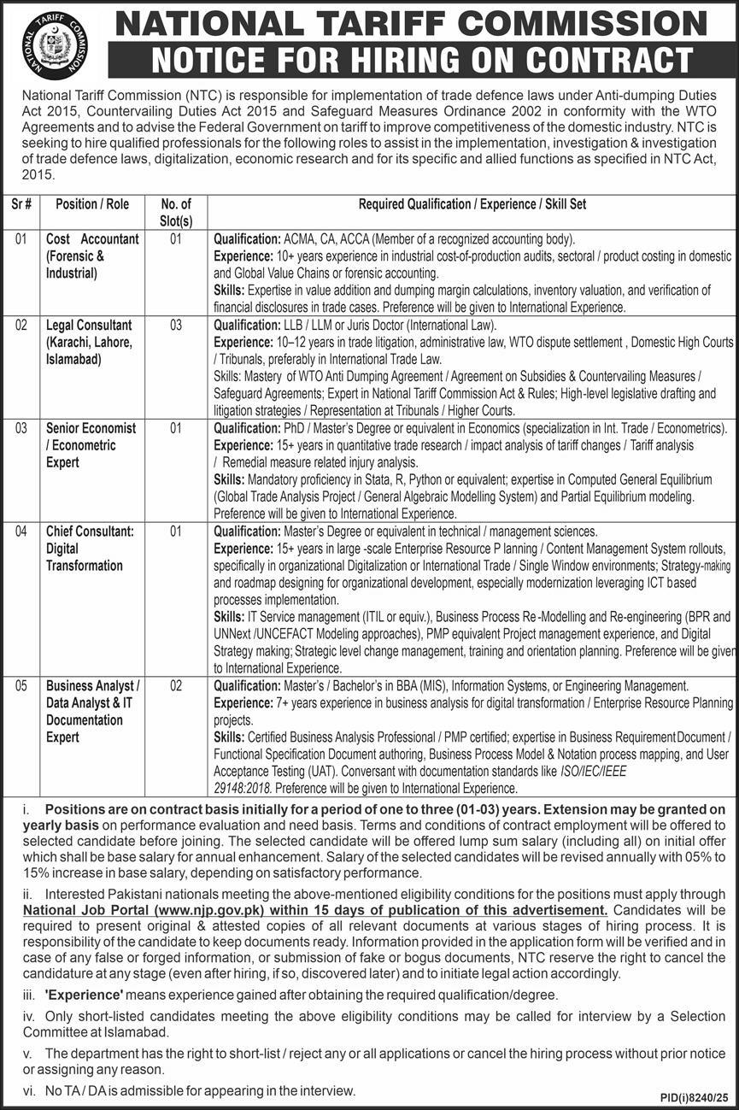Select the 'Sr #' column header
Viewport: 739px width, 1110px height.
click(23, 204)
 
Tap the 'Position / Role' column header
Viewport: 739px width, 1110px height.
click(92, 204)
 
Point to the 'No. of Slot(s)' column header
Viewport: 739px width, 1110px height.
click(176, 212)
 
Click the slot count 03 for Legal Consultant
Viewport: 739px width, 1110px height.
click(176, 326)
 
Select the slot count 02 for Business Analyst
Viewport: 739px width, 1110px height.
click(176, 686)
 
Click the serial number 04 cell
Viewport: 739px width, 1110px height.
click(23, 532)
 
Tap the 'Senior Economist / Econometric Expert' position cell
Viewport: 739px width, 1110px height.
click(91, 445)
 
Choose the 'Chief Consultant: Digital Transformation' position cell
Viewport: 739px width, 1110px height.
click(90, 549)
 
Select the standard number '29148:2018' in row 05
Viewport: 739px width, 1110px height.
click(241, 789)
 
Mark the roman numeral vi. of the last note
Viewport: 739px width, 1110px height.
click(28, 1091)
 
